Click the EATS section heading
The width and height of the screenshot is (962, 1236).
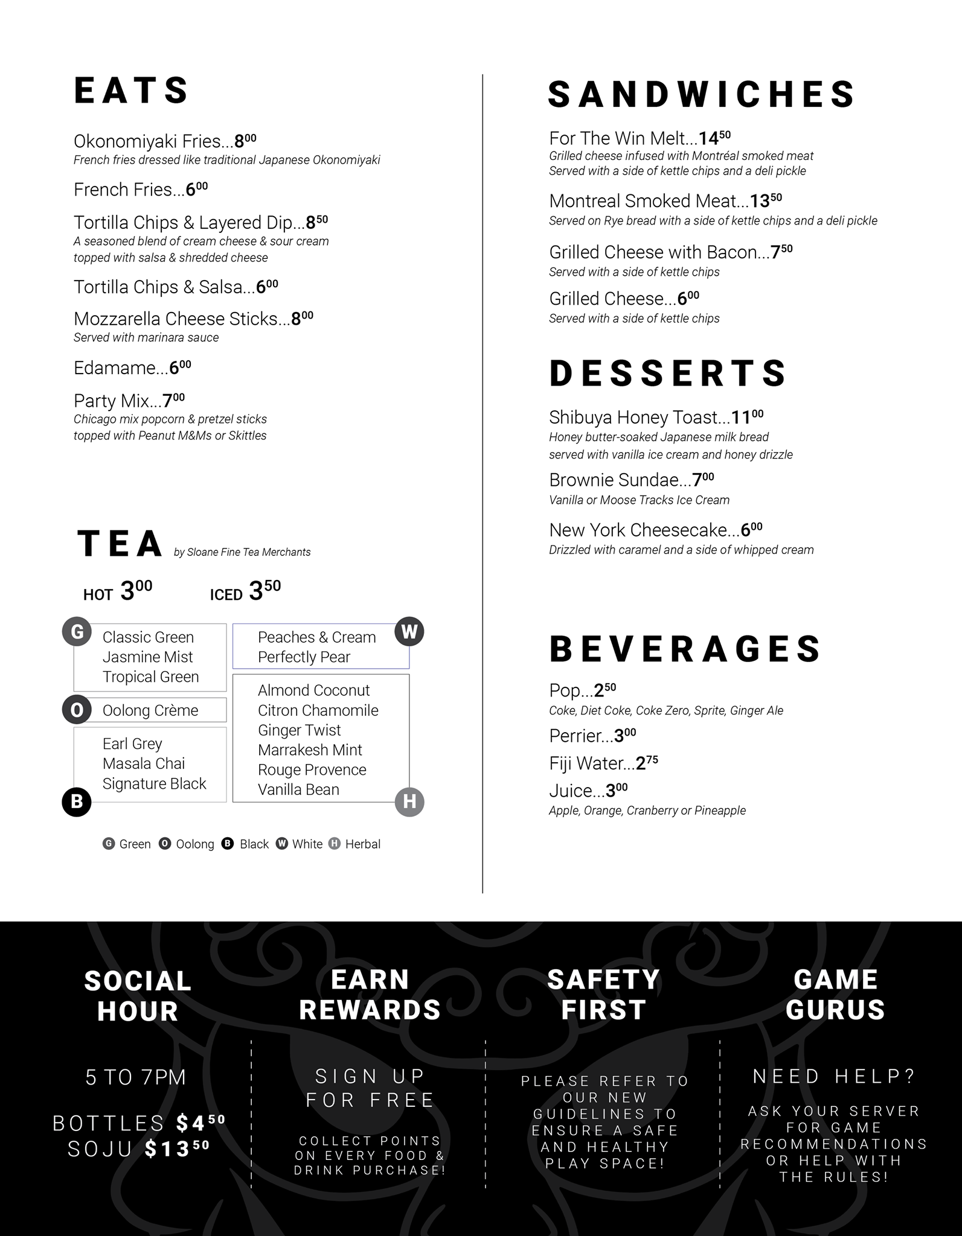tap(131, 91)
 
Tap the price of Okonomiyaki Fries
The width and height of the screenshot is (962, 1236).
tap(245, 141)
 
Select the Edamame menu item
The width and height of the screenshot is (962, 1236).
tap(120, 368)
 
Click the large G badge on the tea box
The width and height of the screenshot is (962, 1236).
tap(77, 632)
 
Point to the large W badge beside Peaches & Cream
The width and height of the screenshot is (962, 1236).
tap(409, 632)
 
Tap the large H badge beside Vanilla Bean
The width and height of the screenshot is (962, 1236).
tap(409, 801)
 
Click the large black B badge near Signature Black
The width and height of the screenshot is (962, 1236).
tap(77, 801)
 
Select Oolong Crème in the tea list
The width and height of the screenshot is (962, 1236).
tap(150, 710)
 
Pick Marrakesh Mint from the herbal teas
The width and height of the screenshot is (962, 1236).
tap(310, 750)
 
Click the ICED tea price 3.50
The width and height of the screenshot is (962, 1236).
tap(265, 591)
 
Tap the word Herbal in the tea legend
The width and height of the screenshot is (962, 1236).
tap(362, 844)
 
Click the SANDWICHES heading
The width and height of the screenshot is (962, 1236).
tap(701, 95)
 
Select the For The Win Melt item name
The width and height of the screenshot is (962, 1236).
tap(623, 139)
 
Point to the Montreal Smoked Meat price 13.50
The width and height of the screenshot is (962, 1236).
tap(766, 200)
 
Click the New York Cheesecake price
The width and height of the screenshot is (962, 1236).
tap(752, 530)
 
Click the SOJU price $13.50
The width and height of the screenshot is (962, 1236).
tap(177, 1148)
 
